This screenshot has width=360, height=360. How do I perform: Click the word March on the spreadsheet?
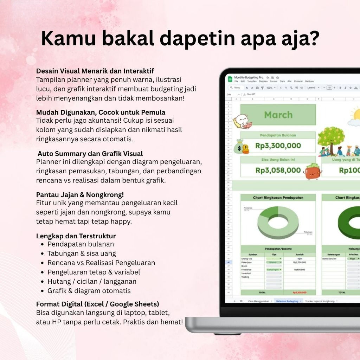tap(278, 115)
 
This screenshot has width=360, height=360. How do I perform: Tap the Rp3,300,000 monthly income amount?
tap(278, 146)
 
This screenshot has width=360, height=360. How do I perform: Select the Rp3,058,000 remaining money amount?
tap(278, 171)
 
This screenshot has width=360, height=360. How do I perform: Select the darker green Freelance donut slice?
tap(269, 212)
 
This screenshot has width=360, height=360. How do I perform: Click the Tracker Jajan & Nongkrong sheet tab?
tap(320, 301)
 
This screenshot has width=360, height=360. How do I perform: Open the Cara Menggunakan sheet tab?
tap(259, 301)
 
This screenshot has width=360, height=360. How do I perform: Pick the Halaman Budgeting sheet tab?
tap(287, 301)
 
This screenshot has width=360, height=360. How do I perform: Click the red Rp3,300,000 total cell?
tap(299, 292)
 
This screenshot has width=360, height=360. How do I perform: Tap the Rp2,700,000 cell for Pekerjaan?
tap(299, 262)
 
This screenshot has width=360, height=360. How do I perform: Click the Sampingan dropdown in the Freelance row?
tap(274, 270)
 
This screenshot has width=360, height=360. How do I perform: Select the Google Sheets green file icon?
tap(230, 79)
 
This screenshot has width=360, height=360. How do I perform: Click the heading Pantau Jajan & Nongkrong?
tap(80, 194)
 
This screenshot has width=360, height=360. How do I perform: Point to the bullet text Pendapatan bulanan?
tap(81, 244)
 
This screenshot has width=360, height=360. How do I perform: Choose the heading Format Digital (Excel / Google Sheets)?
tap(97, 304)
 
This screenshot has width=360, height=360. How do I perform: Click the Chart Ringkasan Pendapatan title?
tap(278, 198)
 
